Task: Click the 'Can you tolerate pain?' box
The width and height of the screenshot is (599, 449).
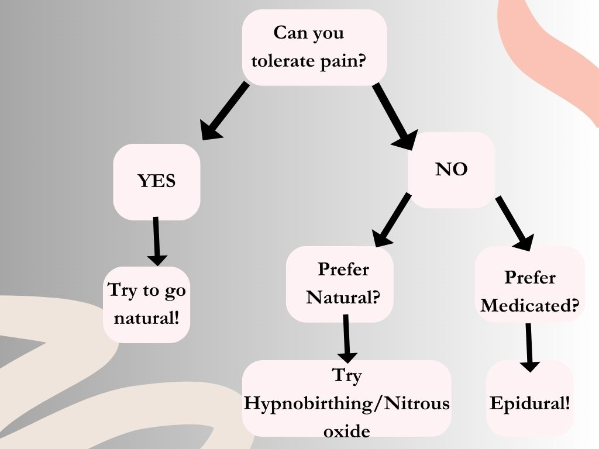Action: click(x=314, y=47)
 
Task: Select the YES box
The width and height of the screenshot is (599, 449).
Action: click(x=156, y=181)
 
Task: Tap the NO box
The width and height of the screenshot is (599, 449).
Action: click(x=452, y=170)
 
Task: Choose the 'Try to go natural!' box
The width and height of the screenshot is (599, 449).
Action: click(x=147, y=305)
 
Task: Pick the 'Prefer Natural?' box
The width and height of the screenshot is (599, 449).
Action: click(x=340, y=284)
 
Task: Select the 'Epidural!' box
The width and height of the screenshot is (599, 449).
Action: click(x=529, y=403)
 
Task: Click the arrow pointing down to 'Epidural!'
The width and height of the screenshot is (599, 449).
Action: click(x=529, y=347)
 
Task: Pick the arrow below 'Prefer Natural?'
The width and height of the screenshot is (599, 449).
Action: click(x=347, y=339)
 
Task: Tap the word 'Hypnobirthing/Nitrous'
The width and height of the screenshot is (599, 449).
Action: click(x=347, y=403)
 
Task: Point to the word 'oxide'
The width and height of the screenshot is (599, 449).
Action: click(x=346, y=431)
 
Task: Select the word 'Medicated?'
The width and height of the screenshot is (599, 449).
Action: click(x=530, y=305)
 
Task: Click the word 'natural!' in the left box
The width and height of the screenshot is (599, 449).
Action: click(x=147, y=319)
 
